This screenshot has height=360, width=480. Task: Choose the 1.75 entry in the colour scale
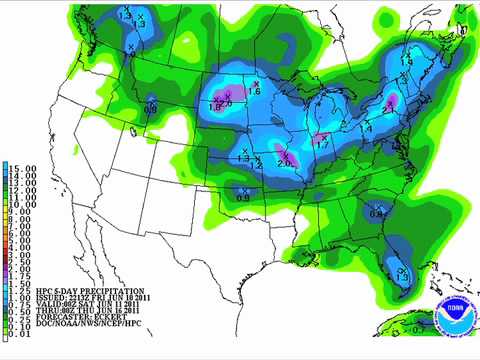click(20, 281)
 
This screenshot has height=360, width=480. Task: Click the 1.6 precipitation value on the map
click(254, 92)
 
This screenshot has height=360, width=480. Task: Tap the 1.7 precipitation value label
click(322, 146)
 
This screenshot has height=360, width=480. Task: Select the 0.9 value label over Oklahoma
click(243, 198)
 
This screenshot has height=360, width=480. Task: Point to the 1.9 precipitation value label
click(406, 63)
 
